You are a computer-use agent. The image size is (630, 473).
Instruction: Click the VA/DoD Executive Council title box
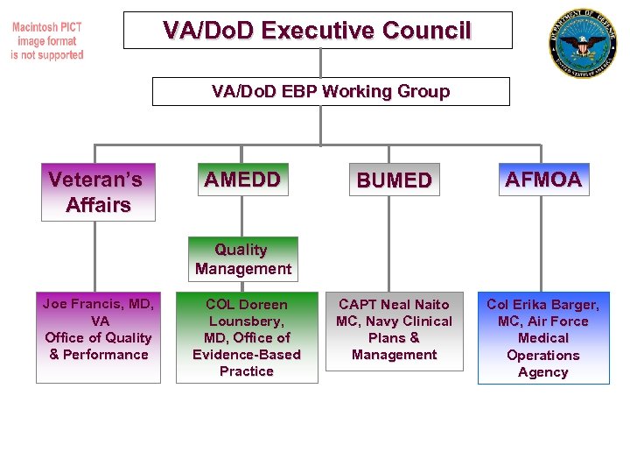point(317,30)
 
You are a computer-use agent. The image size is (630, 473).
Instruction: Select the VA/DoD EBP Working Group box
point(331,91)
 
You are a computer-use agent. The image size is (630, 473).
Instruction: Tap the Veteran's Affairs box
point(98,192)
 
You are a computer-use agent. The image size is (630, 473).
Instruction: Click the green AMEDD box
point(242,180)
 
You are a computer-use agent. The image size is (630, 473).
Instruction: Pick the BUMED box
point(394,180)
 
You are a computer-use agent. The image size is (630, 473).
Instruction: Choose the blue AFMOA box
point(542,180)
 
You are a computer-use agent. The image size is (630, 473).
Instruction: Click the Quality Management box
point(243,259)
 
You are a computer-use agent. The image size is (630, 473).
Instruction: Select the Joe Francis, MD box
point(98,337)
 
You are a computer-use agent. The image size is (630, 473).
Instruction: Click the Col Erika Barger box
point(543,338)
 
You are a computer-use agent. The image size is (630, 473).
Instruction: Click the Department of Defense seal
point(583,43)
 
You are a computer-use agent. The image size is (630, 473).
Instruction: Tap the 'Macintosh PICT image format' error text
point(47,41)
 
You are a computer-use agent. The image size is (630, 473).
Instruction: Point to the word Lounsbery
point(246,321)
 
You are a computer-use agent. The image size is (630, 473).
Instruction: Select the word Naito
point(431,304)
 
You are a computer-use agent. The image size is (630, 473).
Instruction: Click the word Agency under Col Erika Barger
point(542,372)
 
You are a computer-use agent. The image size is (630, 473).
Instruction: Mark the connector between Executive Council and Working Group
point(320,63)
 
